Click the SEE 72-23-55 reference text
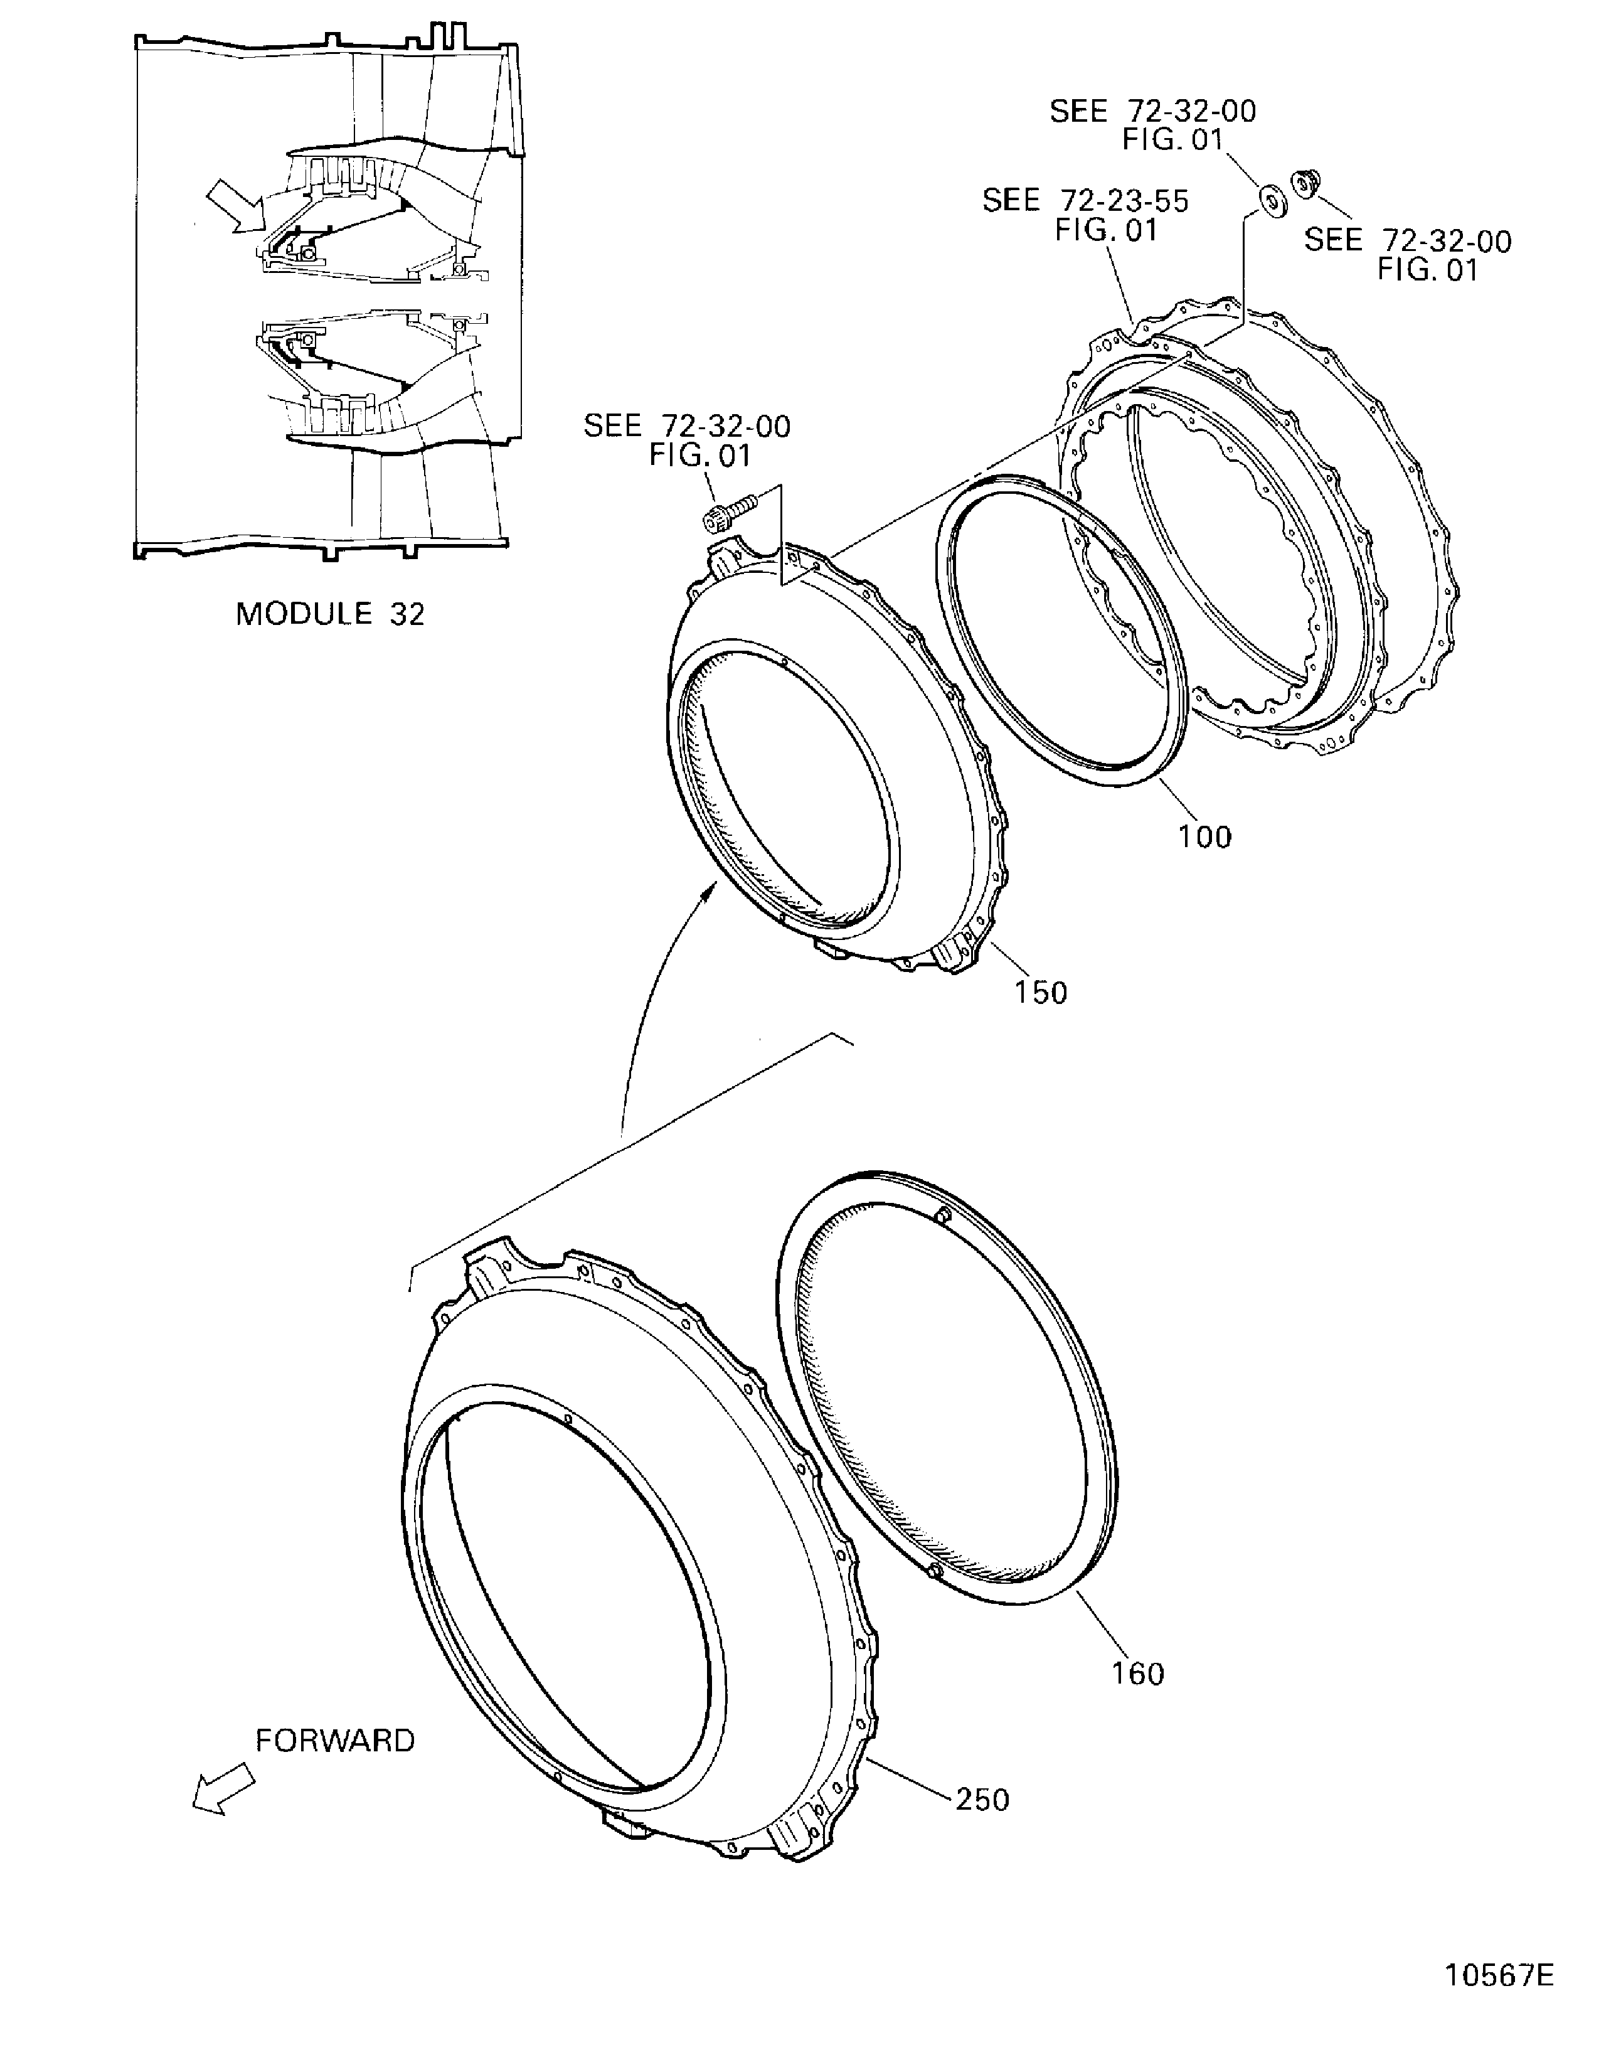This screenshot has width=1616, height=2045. [x=1085, y=215]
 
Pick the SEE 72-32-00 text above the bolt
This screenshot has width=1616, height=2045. [x=687, y=440]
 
